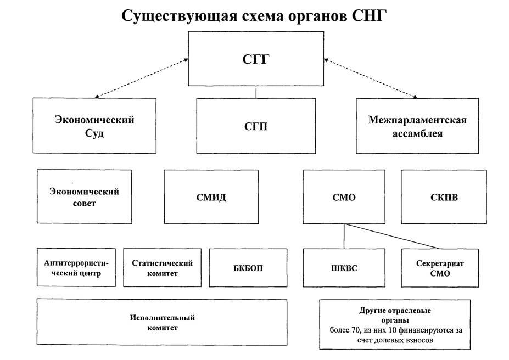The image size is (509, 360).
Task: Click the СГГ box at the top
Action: tap(256, 59)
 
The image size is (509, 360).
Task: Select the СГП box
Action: tap(256, 126)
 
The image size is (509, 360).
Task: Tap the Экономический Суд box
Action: tap(94, 126)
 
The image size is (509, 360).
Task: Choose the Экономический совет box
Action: tap(84, 196)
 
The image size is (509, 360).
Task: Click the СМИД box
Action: tap(211, 196)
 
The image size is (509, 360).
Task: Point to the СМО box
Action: tap(344, 196)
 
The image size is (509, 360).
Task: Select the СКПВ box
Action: tap(443, 196)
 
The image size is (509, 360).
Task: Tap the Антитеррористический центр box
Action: tap(76, 267)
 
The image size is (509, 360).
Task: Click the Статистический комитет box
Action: tap(162, 267)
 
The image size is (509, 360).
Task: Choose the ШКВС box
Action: tap(344, 267)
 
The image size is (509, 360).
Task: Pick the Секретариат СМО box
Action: tap(443, 267)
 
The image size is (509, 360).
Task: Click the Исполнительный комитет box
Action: tap(162, 322)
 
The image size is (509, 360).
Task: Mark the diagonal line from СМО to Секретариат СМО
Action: tap(393, 236)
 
